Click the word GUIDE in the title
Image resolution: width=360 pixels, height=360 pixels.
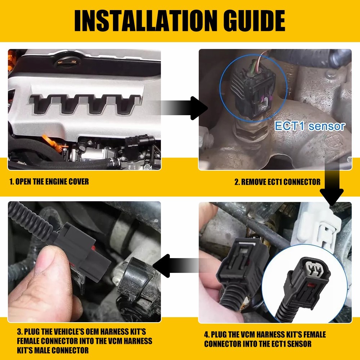click(x=252, y=21)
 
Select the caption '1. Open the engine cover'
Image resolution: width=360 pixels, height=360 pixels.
click(x=49, y=181)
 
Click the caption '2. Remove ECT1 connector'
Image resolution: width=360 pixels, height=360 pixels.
click(x=277, y=182)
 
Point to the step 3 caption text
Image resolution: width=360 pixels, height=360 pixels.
click(x=85, y=340)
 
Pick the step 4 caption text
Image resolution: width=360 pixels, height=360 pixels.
click(x=265, y=339)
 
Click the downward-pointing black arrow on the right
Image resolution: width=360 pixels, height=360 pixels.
click(x=332, y=187)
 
